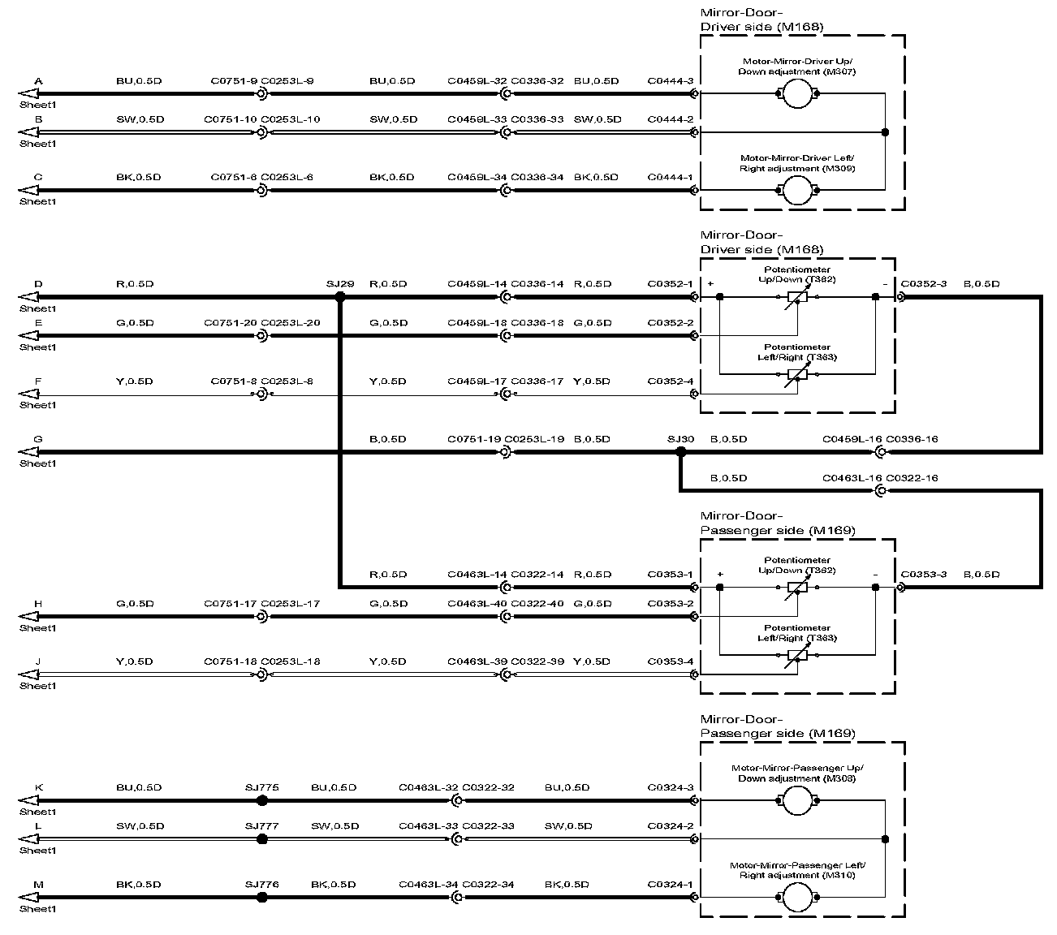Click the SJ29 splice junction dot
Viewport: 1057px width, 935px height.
[340, 297]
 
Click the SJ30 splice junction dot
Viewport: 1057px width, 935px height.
[681, 452]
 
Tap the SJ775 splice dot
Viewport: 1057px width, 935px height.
[262, 800]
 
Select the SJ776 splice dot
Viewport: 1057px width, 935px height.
[262, 898]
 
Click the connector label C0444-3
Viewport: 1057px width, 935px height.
[670, 81]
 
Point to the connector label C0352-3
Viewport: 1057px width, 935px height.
[923, 284]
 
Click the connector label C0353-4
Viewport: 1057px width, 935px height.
[670, 661]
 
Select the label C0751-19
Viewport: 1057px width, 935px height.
[474, 439]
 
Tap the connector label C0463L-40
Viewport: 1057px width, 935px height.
[477, 604]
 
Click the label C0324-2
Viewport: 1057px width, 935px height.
[670, 826]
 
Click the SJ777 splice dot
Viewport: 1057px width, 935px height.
[262, 839]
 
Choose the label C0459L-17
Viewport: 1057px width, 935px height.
[477, 381]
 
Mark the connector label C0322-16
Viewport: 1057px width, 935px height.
[912, 478]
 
